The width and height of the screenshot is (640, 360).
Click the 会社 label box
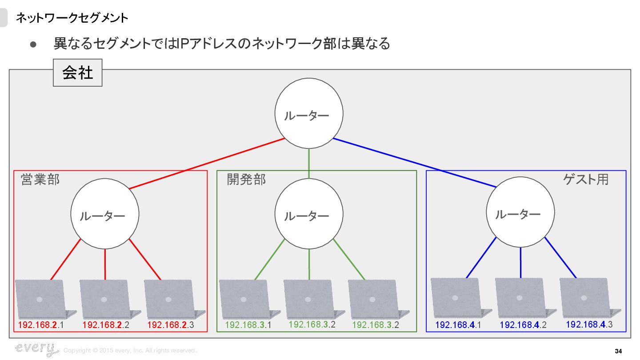click(78, 72)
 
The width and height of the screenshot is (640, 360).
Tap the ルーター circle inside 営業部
click(105, 214)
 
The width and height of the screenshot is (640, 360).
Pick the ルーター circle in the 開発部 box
click(309, 215)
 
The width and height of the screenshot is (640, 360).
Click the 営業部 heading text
click(40, 180)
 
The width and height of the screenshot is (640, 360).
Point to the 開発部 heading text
click(246, 179)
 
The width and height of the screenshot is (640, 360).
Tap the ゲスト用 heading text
click(586, 179)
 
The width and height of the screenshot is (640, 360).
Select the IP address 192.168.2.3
click(171, 325)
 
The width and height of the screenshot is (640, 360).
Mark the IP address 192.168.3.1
click(248, 325)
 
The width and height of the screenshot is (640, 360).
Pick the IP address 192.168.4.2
click(523, 325)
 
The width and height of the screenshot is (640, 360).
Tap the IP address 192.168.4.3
click(589, 324)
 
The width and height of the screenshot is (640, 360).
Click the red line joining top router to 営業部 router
click(207, 164)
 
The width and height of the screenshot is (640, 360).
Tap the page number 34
click(618, 352)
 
